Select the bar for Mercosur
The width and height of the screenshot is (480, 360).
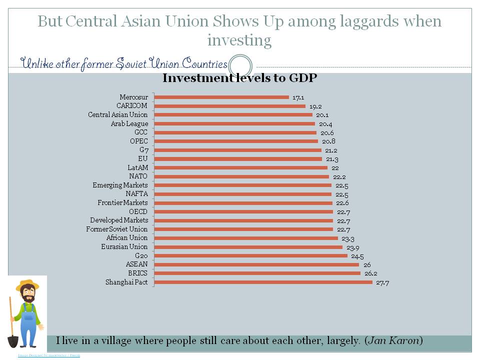point(221,97)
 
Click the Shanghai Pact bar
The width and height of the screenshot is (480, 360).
point(263,282)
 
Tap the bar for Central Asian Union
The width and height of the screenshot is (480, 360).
point(233,115)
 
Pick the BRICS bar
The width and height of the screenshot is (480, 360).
point(257,273)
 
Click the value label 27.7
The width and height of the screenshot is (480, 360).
point(382,283)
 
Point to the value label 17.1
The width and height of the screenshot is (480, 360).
point(298,97)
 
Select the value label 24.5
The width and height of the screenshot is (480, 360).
point(357,256)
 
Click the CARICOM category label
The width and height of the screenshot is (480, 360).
point(132,106)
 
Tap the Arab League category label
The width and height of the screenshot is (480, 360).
point(129,123)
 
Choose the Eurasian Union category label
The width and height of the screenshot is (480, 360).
point(124,247)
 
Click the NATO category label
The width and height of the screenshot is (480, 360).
point(138,176)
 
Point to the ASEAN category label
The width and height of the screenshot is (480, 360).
point(136,264)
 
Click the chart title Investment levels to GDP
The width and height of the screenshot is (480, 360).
point(240,78)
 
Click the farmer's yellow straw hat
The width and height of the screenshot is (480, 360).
point(27,285)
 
